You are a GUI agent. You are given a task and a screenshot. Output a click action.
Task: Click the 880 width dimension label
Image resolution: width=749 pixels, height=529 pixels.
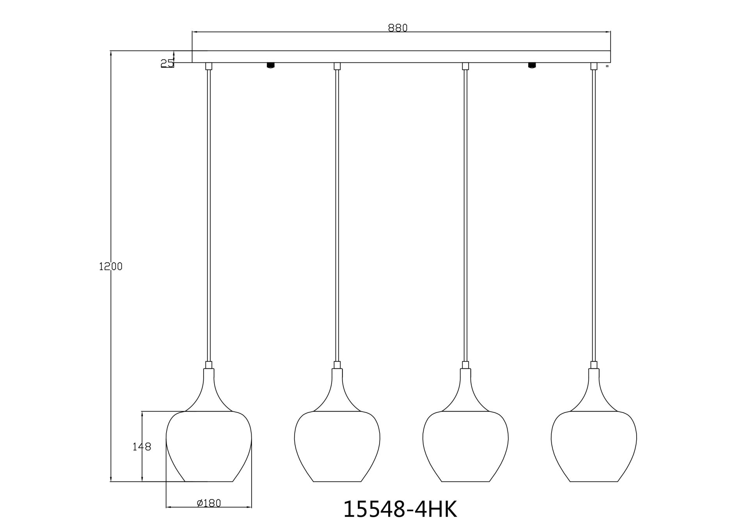click(x=398, y=28)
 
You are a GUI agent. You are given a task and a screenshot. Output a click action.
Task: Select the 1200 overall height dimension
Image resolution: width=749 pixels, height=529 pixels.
click(x=111, y=267)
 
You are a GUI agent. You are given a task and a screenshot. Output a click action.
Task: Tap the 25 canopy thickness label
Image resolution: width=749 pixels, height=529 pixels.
click(x=167, y=63)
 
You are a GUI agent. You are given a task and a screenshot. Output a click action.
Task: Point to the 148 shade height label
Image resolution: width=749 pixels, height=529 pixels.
click(x=142, y=447)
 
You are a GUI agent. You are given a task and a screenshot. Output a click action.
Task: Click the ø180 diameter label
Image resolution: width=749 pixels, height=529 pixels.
click(x=209, y=503)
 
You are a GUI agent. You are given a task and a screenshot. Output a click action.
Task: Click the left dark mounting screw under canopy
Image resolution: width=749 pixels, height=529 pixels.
click(x=270, y=65)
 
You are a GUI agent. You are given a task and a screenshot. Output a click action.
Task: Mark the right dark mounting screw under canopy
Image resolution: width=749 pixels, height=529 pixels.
click(x=531, y=65)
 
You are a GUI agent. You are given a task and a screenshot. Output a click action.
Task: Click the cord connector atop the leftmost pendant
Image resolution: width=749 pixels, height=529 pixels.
click(x=209, y=365)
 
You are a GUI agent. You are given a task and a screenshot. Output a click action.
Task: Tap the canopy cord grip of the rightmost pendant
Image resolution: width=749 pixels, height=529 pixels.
click(x=594, y=66)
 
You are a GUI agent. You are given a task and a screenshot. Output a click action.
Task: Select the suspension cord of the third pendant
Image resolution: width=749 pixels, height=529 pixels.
click(x=465, y=214)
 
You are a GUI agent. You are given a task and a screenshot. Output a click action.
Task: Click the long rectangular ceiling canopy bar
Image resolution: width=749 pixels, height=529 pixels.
click(x=401, y=57)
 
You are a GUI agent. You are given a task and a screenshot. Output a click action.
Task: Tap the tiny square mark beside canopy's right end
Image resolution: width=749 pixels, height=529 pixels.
click(x=607, y=66)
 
